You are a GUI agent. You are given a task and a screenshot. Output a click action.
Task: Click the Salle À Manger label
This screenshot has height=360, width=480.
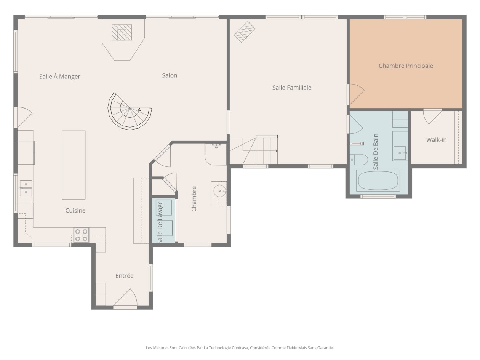point(60,77)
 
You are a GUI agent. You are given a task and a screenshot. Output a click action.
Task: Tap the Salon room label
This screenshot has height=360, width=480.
point(170,75)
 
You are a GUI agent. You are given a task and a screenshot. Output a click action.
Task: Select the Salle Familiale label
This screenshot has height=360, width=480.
point(292,88)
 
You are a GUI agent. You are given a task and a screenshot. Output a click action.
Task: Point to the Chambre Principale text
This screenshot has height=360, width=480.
point(406,66)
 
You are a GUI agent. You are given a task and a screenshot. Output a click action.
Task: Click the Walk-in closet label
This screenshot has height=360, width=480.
point(436,140)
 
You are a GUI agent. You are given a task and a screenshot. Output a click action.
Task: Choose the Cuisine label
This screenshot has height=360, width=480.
point(75,211)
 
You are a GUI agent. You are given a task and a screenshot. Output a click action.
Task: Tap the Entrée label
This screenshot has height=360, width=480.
point(125,276)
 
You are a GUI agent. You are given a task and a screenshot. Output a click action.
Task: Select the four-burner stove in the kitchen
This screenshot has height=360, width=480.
point(81,235)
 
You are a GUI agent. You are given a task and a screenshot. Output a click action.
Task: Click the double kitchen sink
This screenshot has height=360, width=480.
point(26,188)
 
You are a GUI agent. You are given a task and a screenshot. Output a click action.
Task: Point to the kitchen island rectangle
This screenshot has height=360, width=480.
point(74,165)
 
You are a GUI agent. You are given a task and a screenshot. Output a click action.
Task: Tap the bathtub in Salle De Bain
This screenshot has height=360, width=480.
point(378,181)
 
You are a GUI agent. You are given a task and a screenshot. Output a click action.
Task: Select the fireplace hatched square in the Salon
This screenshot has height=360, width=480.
point(122,32)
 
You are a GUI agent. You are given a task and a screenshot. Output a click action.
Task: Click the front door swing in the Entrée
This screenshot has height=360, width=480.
point(125,297)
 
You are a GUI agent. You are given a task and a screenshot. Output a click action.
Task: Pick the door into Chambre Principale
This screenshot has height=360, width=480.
point(356,94)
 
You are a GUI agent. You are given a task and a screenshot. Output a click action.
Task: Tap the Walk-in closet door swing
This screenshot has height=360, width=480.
point(432,117)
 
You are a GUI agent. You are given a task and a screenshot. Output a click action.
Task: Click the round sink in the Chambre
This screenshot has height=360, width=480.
point(220,191)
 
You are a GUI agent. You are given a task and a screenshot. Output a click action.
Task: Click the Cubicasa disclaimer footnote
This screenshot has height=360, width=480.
point(240,348)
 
